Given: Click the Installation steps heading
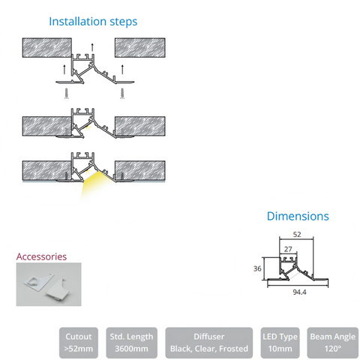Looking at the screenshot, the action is pos(93,22).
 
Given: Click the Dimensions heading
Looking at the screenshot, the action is pos(298,216).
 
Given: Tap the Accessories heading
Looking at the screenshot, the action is pos(41,256).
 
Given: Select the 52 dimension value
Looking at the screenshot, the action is pos(297,235).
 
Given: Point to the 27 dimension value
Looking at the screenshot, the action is pos(288,249).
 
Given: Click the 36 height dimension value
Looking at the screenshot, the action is pos(257,268).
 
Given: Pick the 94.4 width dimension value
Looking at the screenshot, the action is pos(299,292).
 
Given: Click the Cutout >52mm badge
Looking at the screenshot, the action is pos(79,343).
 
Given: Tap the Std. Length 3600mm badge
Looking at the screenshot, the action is pos(131,343).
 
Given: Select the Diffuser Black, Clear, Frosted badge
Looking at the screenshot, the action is pos(209,343).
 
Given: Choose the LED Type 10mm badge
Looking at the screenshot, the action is pos(280,343).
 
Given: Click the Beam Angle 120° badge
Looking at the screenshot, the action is pos(333,343).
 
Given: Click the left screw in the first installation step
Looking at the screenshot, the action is pos(67,94).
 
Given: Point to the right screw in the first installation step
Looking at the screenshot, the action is pos(122,94).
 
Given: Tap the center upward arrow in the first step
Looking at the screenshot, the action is pos(92,47).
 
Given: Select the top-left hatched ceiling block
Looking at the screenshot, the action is pos(47,48).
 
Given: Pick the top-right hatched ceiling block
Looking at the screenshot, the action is pos(140,48).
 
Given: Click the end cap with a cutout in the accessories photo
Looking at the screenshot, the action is pos(37,281).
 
